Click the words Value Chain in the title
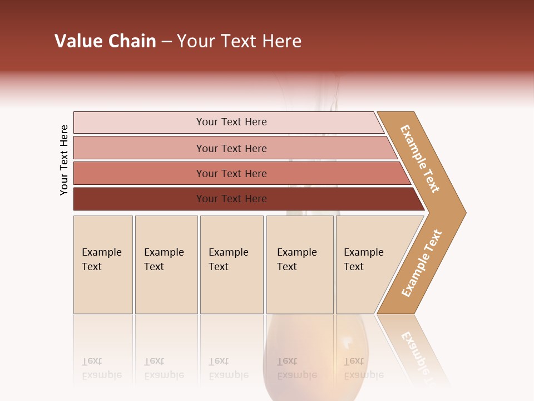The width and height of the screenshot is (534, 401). tap(105, 41)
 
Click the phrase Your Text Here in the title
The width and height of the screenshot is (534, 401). tap(239, 41)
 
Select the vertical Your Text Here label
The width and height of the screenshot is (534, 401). tap(65, 160)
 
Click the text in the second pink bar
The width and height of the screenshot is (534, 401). tap(231, 148)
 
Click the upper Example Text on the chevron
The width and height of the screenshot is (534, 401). tap(420, 159)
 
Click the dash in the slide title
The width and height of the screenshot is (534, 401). tap(166, 42)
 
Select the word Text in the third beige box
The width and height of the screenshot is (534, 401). tap(219, 267)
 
